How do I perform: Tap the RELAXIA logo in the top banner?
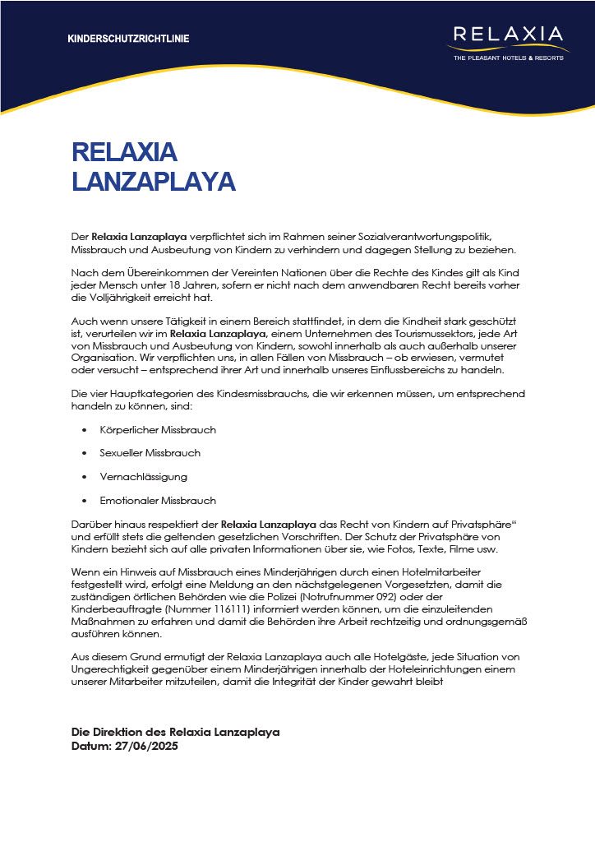click(508, 35)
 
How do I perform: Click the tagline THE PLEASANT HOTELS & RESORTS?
click(508, 58)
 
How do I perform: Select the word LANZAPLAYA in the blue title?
click(154, 182)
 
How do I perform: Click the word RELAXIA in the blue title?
click(125, 152)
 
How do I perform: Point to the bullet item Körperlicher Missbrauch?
click(158, 430)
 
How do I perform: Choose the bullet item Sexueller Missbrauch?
click(150, 453)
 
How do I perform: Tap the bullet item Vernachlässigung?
click(143, 477)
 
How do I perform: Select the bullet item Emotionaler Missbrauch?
click(158, 501)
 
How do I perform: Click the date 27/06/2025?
click(147, 747)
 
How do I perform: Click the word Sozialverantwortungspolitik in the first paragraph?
click(444, 237)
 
